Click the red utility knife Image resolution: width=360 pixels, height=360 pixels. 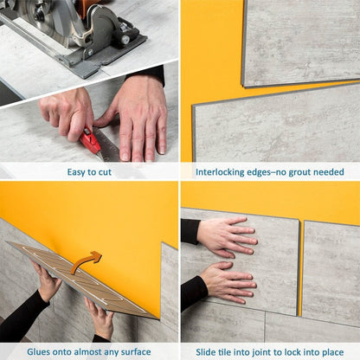pos(90,141)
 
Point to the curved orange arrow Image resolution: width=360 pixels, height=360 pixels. pos(86,260)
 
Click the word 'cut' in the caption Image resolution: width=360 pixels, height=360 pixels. pos(103,172)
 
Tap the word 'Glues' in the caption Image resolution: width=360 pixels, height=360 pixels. pos(37,351)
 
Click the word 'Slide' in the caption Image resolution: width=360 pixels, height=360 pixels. pos(209,351)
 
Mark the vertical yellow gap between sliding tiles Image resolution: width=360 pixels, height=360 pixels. pos(299,268)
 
